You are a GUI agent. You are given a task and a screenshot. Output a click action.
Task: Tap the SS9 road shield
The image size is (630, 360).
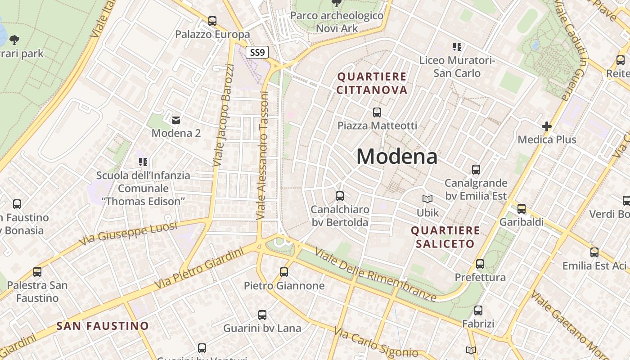pos(257,52)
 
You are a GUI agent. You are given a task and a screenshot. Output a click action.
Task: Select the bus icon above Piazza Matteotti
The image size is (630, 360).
pos(377,112)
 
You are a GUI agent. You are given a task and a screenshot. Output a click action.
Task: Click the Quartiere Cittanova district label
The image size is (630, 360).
pos(372,83)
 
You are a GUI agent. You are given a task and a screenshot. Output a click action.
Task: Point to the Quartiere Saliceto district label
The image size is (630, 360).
pos(445,237)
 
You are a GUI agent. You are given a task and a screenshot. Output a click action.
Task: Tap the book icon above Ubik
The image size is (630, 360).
pos(427,199)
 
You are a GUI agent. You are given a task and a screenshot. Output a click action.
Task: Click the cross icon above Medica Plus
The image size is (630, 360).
pos(547,126)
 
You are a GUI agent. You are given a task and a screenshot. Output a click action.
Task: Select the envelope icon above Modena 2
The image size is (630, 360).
pos(176,120)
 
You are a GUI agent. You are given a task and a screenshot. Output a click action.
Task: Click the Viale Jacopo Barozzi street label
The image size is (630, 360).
pos(224,115)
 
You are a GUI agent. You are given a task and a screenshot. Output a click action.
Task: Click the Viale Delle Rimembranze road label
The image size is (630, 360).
pos(376,274)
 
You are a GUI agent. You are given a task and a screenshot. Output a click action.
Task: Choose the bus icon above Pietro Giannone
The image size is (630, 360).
pos(283,272)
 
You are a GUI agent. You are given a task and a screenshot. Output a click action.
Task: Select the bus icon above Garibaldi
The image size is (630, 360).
pos(522,209)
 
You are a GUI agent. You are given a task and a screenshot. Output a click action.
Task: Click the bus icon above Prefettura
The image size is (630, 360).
pos(480,264)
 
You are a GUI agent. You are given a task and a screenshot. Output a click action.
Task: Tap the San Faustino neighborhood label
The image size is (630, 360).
pos(103,326)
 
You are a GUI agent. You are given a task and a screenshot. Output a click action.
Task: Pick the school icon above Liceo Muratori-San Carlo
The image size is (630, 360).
pos(457,46)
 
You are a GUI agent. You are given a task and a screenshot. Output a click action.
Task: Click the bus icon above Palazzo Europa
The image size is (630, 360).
pos(212,21)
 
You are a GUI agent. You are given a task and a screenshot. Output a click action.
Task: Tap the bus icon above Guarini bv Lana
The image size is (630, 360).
pos(262,315)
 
